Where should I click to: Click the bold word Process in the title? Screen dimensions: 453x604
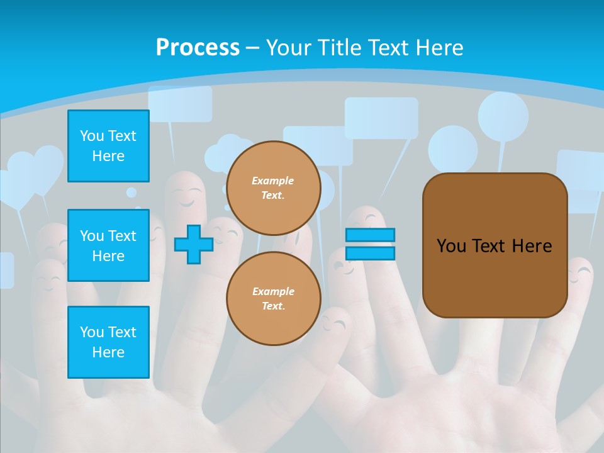click(198, 48)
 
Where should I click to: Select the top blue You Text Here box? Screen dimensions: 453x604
click(108, 146)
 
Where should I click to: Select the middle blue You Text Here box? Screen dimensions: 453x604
click(108, 245)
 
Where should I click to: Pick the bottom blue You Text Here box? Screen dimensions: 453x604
click(108, 342)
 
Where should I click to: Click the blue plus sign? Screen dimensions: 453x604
click(193, 244)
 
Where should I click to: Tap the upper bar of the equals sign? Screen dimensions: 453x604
click(370, 235)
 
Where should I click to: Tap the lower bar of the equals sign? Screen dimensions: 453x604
click(370, 253)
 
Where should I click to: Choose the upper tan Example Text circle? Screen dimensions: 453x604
click(273, 188)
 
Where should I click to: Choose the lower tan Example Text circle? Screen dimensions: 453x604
click(273, 298)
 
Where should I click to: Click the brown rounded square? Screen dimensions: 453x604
click(495, 245)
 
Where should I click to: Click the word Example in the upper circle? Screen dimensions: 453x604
click(273, 181)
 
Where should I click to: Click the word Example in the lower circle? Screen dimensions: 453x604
click(273, 291)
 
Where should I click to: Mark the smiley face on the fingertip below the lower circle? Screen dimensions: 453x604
click(337, 323)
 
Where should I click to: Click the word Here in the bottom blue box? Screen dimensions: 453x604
click(108, 352)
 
